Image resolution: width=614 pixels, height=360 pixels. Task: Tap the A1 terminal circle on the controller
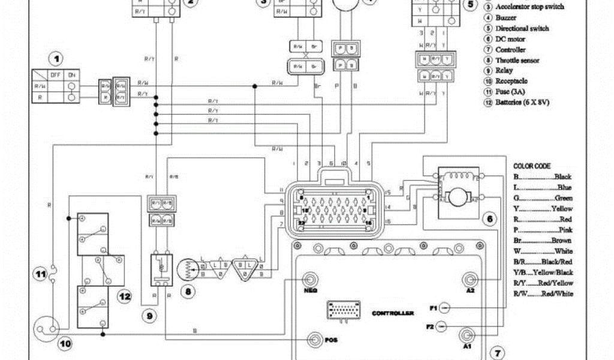(466, 335)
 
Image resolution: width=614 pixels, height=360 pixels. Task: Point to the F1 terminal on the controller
(444, 308)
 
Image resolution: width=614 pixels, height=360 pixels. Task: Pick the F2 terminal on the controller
(441, 326)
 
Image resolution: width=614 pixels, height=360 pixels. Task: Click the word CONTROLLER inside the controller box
(393, 314)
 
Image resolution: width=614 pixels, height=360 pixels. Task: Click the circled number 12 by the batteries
(124, 296)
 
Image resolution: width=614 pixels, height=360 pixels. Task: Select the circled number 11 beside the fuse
(40, 275)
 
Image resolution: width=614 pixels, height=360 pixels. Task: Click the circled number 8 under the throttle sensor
(189, 292)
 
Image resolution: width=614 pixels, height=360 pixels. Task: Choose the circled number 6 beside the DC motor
(490, 220)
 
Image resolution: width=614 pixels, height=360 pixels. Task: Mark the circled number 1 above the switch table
(56, 59)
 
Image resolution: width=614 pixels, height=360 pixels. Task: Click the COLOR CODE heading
(532, 166)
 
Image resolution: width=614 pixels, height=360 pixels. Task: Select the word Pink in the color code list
(563, 230)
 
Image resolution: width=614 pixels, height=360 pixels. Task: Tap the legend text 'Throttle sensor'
(517, 61)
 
